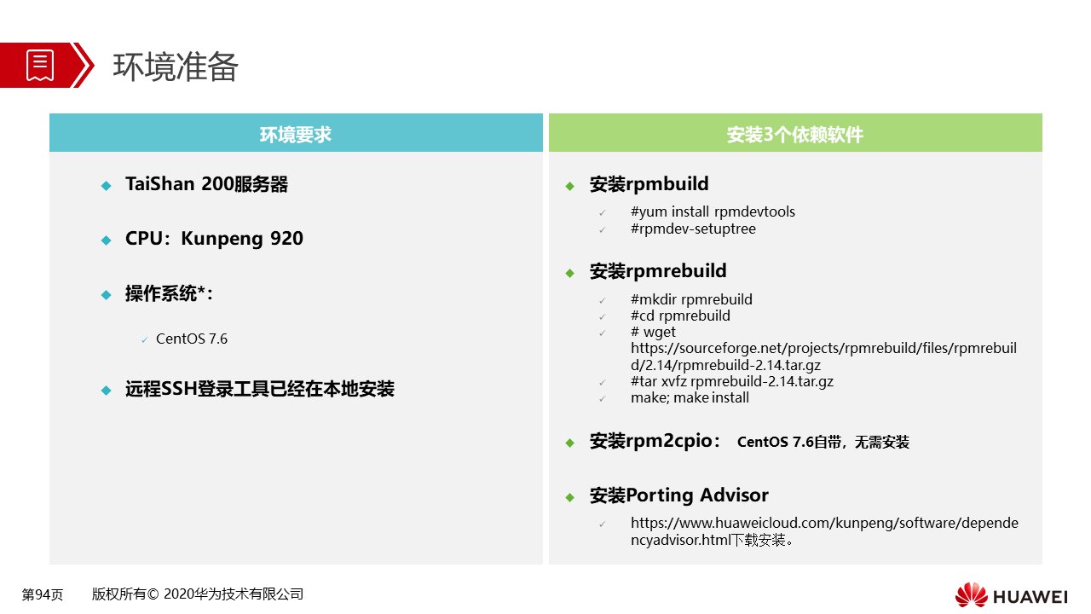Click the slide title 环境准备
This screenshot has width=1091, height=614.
176,67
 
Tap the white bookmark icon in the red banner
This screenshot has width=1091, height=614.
40,66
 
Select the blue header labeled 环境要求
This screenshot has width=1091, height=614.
296,132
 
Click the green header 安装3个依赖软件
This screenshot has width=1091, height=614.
795,132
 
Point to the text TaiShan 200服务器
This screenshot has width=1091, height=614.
206,184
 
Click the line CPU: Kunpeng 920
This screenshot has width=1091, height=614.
214,239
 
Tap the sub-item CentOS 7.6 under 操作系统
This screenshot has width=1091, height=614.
192,339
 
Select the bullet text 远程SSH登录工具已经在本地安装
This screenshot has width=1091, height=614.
260,389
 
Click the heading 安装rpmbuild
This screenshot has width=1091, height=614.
649,184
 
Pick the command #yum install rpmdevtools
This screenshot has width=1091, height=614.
713,212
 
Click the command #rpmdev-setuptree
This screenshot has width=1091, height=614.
693,229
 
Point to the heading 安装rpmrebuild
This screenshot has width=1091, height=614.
658,271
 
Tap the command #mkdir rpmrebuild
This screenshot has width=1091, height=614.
691,299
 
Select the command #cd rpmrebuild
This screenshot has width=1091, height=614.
680,316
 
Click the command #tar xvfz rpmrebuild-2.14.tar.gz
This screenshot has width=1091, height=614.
732,381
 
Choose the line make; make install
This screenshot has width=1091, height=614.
690,397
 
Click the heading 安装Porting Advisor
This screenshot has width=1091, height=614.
679,495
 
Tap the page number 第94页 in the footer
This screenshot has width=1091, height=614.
43,594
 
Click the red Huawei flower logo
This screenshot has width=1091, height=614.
971,595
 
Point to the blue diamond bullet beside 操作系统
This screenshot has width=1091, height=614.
107,295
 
